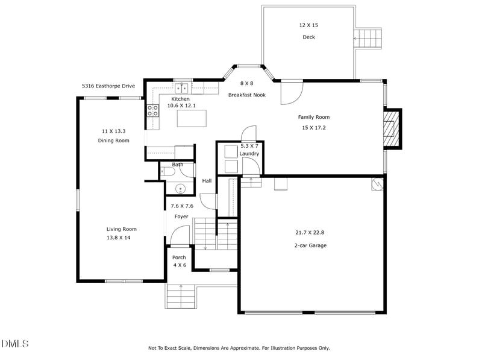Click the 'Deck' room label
tap(308, 37)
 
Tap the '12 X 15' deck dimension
tap(308, 25)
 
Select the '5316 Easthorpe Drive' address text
tap(108, 86)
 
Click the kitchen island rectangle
tap(192, 118)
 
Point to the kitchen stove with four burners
tap(153, 110)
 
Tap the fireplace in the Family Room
tap(392, 129)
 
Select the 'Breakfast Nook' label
tap(247, 95)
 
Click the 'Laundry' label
tap(249, 154)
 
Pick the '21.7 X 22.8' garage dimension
tap(310, 232)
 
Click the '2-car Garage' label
tap(310, 245)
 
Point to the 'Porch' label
tap(179, 257)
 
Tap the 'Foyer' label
tap(181, 216)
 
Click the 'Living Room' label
tap(122, 229)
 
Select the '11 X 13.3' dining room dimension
tap(114, 131)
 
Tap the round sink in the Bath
tap(180, 189)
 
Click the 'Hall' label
tap(207, 181)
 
